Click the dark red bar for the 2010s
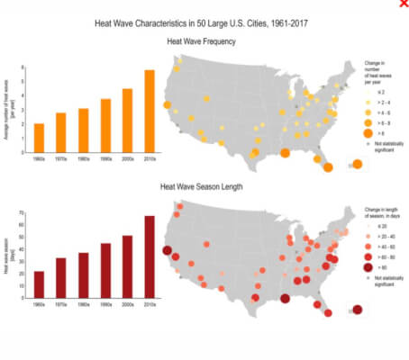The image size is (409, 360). tap(150, 256)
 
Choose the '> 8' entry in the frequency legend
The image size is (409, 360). tap(379, 131)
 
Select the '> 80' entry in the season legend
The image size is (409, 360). tap(379, 267)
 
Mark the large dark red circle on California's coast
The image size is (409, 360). tap(167, 251)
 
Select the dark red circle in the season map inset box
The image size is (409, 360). tap(358, 310)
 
